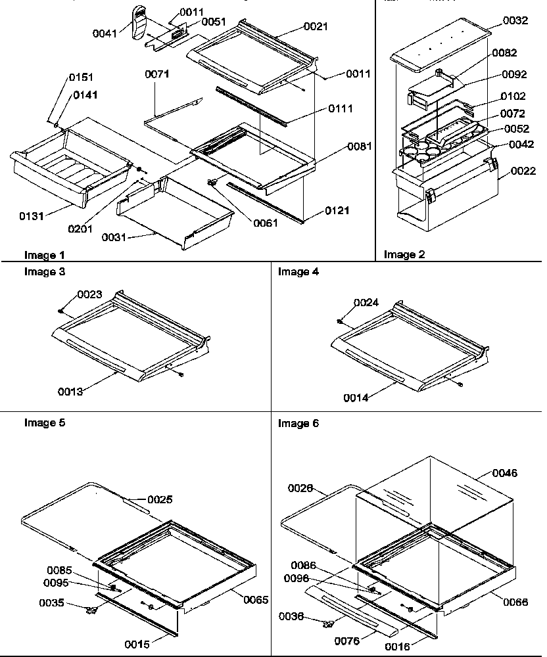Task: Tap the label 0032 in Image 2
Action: (x=515, y=21)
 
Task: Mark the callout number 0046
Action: (x=504, y=473)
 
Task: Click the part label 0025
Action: (x=160, y=500)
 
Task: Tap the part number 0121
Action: (x=337, y=211)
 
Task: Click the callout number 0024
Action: (x=367, y=303)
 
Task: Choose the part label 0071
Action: (x=158, y=74)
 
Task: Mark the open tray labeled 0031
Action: (x=174, y=214)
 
